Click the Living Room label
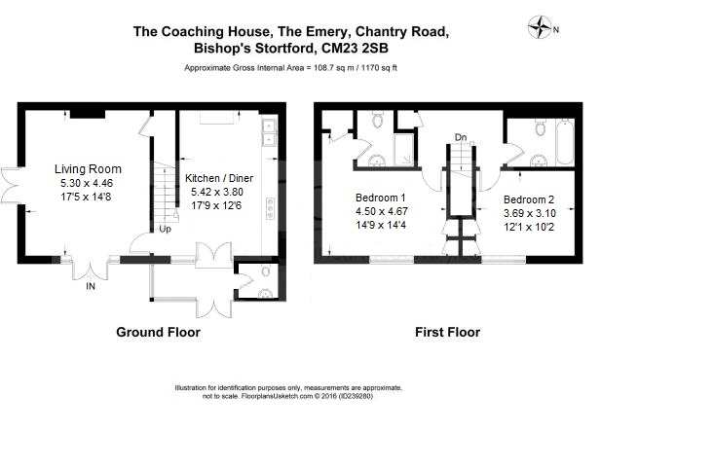coord(87,169)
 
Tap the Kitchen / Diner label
coord(219,178)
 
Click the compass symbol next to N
coord(539,28)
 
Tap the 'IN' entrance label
coord(91,287)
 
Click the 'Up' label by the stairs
coord(165,231)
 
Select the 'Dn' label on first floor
coord(460,138)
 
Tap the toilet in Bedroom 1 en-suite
coord(373,122)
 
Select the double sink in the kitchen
coord(269,132)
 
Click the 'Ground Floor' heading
coord(158,333)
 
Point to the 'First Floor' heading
coord(447,333)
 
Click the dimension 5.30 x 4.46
coord(87,183)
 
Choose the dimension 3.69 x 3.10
coord(530,213)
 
